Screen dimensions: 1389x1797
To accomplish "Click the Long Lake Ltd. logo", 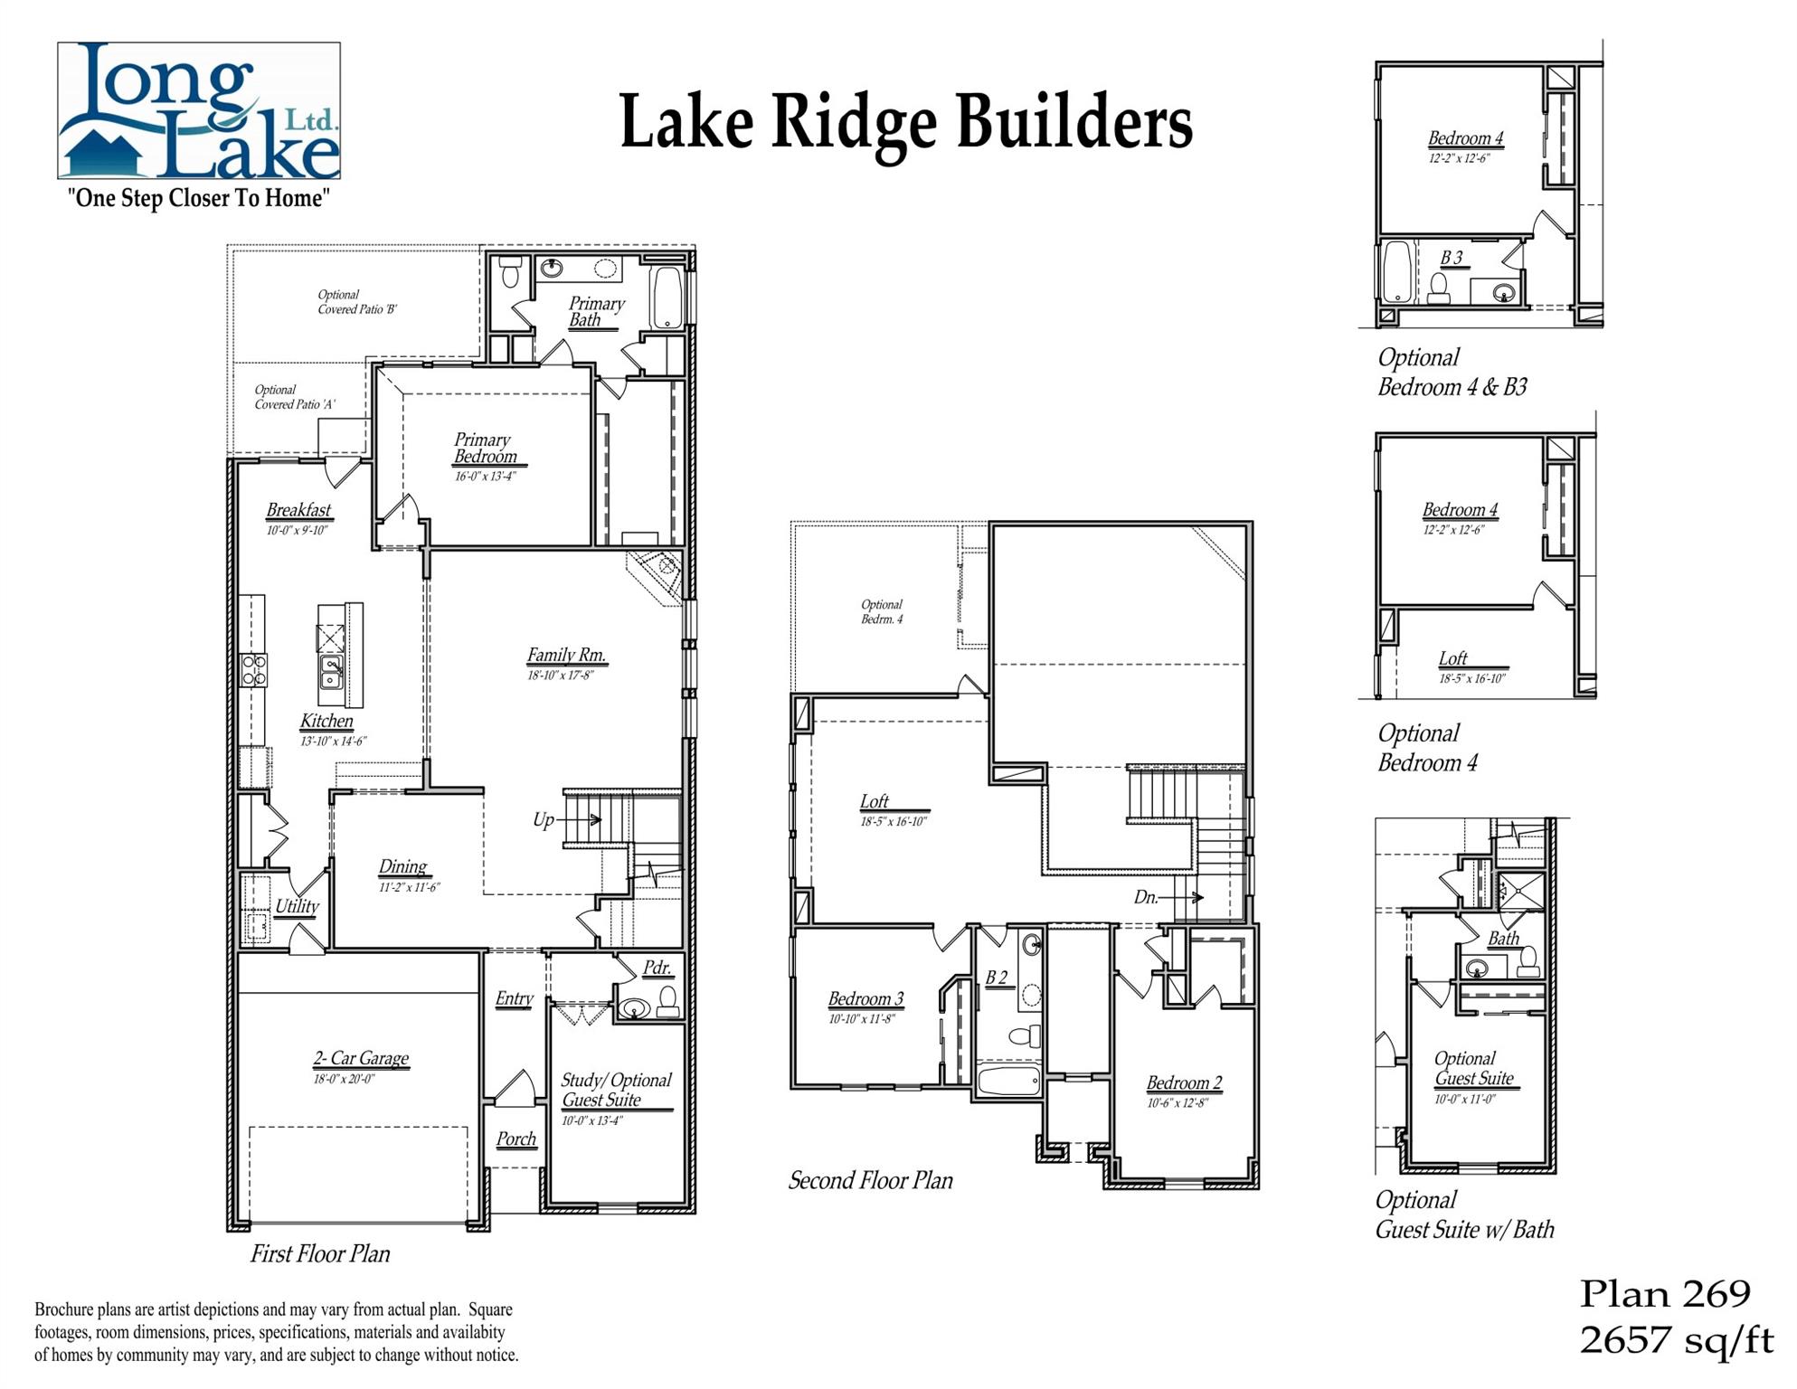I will (199, 110).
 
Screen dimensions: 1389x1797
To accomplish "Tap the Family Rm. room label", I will (566, 656).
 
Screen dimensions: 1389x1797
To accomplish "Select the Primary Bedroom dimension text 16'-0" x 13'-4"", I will (485, 477).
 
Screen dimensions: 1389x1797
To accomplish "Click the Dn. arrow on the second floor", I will (1181, 898).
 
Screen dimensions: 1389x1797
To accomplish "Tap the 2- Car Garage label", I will (361, 1058).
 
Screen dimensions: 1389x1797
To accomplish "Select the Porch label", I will (516, 1139).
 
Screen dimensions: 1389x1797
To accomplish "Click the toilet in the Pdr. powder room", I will (667, 1001).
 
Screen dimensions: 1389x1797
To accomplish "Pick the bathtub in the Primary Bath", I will (667, 297).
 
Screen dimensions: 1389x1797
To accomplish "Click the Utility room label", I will (297, 906).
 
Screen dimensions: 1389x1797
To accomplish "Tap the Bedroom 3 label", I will (865, 999).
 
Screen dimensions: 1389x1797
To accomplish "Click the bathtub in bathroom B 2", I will (1009, 1081).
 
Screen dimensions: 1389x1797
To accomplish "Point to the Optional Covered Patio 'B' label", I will (356, 302).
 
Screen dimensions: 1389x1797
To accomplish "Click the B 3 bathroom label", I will (1452, 259).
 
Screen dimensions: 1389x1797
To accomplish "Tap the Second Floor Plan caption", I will (870, 1181).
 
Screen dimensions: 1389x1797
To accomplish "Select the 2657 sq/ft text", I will (1676, 1340).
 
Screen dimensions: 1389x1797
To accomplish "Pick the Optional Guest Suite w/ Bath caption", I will (1463, 1214).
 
